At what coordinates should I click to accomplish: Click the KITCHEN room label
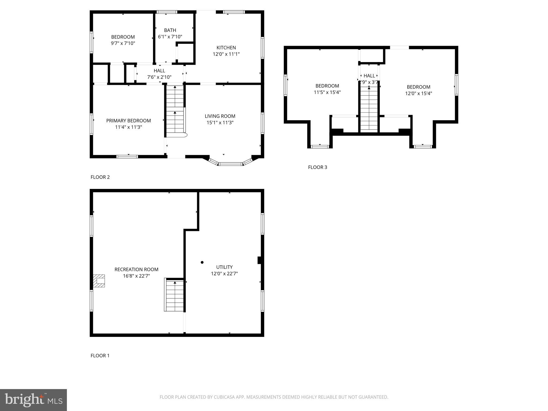click(226, 48)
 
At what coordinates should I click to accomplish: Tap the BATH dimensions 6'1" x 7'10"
click(170, 37)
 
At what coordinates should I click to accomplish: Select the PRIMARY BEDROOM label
click(128, 121)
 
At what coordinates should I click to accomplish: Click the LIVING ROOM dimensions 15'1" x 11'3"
click(220, 123)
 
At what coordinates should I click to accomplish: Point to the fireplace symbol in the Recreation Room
click(99, 281)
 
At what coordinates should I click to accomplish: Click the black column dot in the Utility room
click(202, 262)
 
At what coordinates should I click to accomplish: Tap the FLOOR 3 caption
click(317, 167)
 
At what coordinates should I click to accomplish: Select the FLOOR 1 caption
click(100, 356)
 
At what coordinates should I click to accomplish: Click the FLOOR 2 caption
click(100, 177)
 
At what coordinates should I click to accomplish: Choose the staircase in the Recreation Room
click(174, 295)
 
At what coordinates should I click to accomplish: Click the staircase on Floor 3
click(369, 110)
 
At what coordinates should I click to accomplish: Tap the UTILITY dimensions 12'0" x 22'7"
click(224, 273)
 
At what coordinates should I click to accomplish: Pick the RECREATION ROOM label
click(136, 269)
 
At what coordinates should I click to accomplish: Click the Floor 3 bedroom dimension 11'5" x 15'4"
click(327, 92)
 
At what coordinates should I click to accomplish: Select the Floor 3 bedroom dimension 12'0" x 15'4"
click(418, 93)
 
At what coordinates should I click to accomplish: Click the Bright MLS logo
click(33, 400)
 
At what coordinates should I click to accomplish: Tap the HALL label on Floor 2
click(159, 71)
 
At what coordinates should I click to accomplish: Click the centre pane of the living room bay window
click(231, 164)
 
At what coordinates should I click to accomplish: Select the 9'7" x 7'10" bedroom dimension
click(123, 43)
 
